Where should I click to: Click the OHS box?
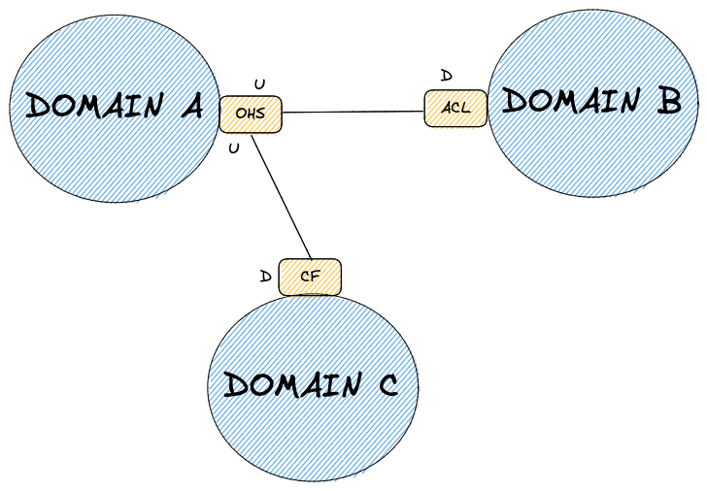point(250,114)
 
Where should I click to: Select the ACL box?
point(454,108)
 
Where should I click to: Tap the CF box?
point(310,277)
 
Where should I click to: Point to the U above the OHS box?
point(258,84)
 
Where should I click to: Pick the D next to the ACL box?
point(446,75)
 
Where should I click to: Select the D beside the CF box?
point(265,276)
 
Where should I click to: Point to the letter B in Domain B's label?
point(667,101)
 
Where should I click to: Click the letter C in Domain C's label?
point(386,386)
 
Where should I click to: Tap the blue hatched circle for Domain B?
point(592,155)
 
